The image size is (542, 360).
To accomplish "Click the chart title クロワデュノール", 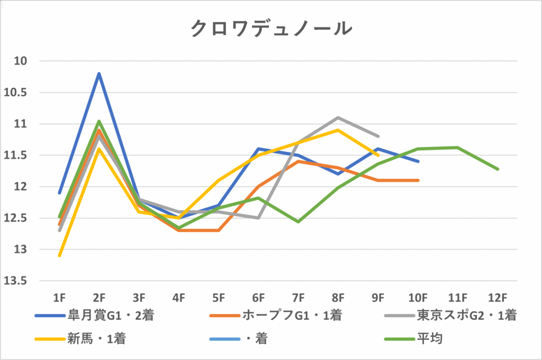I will pyautogui.click(x=270, y=29).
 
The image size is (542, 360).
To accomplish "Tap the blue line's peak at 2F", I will pyautogui.click(x=99, y=74).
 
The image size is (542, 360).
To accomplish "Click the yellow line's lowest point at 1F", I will pyautogui.click(x=59, y=255).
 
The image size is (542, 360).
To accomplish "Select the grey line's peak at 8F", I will pyautogui.click(x=338, y=118).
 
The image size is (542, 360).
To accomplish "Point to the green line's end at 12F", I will pyautogui.click(x=498, y=169).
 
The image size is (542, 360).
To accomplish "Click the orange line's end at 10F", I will pyautogui.click(x=418, y=181).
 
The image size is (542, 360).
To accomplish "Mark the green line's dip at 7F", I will pyautogui.click(x=299, y=221).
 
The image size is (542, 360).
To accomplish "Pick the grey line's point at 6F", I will pyautogui.click(x=258, y=218).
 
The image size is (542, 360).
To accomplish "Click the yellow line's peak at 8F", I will pyautogui.click(x=338, y=130).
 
